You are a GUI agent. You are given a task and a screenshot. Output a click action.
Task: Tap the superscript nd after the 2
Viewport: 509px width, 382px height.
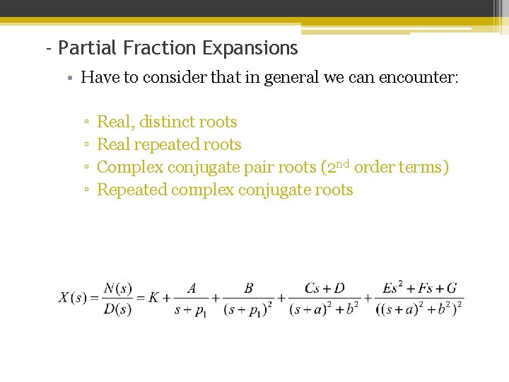point(342,163)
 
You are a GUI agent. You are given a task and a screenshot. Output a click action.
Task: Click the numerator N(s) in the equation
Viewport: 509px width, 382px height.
point(117,288)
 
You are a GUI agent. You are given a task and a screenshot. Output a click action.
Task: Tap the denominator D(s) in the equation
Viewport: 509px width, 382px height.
point(117,309)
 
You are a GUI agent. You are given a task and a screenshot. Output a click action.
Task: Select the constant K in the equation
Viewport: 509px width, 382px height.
point(154,298)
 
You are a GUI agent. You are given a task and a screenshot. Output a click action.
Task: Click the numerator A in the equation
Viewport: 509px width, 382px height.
point(192,288)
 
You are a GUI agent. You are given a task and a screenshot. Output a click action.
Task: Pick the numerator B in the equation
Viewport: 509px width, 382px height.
point(248,288)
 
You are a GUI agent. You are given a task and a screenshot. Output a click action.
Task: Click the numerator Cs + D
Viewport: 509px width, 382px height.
point(324,288)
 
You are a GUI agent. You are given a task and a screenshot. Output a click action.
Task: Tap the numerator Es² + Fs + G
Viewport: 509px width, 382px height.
point(419,287)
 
